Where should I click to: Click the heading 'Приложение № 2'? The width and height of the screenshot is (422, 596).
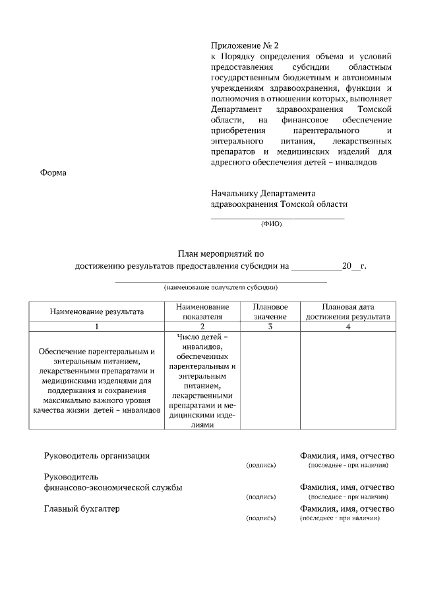tap(245, 46)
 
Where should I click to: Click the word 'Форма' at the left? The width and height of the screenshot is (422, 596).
tap(54, 173)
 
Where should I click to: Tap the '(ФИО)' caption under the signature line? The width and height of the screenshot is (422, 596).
tap(271, 223)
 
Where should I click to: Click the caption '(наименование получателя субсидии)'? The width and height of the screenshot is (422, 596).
tap(221, 288)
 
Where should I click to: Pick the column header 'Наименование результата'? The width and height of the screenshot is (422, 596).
tap(97, 312)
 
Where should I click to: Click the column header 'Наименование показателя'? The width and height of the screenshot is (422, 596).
tap(202, 312)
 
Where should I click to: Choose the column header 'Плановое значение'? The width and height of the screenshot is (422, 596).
tap(270, 312)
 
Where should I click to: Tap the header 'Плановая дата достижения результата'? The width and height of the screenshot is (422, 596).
tap(348, 312)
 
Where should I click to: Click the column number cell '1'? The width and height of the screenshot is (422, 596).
tap(97, 327)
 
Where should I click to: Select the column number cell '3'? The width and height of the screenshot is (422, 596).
tap(270, 327)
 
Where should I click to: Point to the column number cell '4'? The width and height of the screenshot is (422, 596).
tap(348, 327)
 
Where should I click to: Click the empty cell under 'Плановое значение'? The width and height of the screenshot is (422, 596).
tap(270, 381)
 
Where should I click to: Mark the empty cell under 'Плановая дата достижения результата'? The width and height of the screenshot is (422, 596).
tap(348, 381)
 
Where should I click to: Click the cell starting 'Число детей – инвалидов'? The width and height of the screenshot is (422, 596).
tap(202, 381)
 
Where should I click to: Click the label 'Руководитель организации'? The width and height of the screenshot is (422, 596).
tap(97, 456)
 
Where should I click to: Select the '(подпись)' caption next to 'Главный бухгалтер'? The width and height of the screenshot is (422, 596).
tap(260, 519)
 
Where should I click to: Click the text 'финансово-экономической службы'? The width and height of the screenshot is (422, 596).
tap(113, 487)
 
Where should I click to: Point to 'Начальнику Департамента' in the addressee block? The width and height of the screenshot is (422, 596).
tap(263, 194)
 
